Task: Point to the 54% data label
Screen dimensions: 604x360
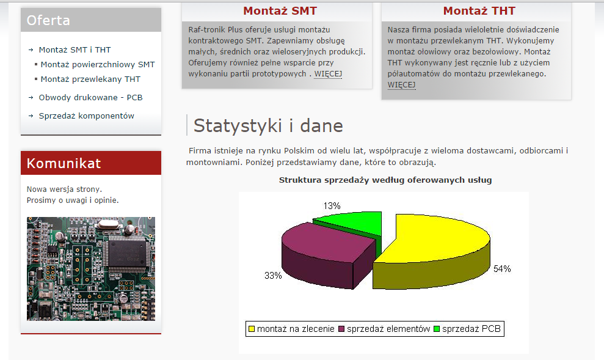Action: point(502,269)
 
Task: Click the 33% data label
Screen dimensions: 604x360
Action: point(273,276)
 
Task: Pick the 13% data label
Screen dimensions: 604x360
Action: point(332,206)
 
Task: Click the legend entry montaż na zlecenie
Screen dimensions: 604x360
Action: point(291,329)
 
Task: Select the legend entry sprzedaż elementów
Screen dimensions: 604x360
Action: point(384,329)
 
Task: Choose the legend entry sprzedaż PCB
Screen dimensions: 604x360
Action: point(467,329)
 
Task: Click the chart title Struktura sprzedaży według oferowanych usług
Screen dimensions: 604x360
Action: point(385,180)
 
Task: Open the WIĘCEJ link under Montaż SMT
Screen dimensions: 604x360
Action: point(328,73)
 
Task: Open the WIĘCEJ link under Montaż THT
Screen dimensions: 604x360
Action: point(401,85)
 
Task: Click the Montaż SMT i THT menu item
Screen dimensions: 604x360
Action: point(75,50)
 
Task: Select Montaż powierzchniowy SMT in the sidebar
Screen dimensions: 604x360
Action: point(98,64)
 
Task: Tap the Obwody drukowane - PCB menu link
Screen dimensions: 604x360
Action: point(90,98)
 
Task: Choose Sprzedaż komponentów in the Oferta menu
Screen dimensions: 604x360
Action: point(86,116)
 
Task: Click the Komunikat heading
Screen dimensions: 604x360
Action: point(64,163)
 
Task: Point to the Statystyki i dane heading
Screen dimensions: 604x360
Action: point(268,126)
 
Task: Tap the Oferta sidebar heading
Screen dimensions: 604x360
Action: point(48,20)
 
